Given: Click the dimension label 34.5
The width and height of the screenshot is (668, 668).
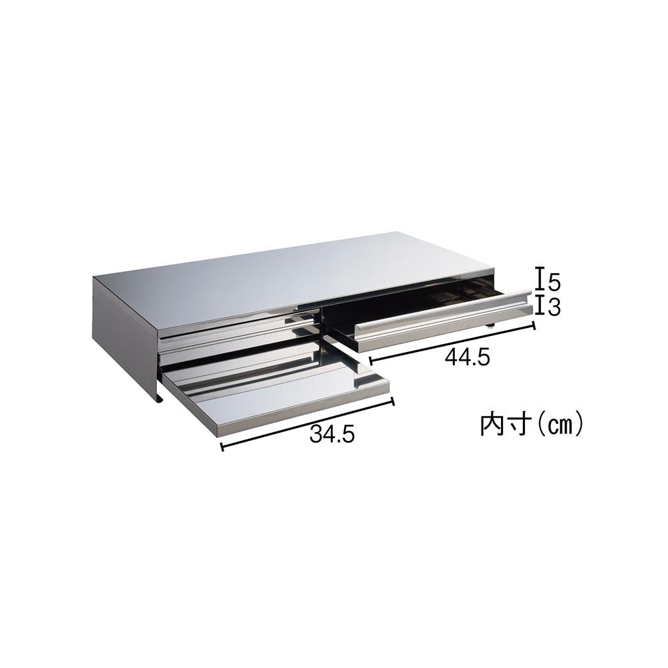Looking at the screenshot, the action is (332, 433).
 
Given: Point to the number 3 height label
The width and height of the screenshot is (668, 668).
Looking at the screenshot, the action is (554, 307).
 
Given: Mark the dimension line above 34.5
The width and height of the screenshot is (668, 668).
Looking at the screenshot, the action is (307, 424).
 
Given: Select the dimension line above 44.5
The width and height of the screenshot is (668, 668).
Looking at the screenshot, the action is (452, 344).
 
